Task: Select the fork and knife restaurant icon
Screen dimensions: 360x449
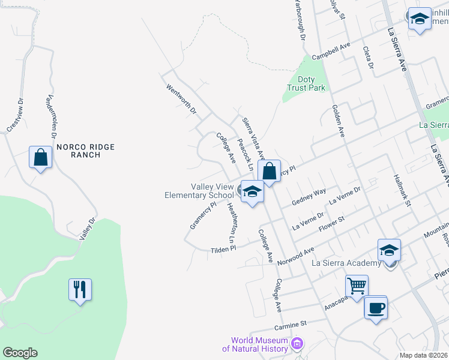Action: [80, 289]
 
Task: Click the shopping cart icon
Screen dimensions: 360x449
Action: [357, 286]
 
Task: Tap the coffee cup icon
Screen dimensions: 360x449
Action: [376, 308]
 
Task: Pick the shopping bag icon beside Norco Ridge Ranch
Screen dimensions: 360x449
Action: [41, 157]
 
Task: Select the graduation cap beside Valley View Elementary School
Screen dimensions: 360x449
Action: [253, 192]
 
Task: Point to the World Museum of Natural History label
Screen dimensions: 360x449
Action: [255, 344]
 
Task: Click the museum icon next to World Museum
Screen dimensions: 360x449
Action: [297, 344]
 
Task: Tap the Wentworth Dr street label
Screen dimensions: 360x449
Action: [181, 99]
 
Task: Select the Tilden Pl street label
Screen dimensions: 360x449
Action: [224, 248]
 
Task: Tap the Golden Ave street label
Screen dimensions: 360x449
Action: [338, 121]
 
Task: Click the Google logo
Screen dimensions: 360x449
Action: [20, 353]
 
